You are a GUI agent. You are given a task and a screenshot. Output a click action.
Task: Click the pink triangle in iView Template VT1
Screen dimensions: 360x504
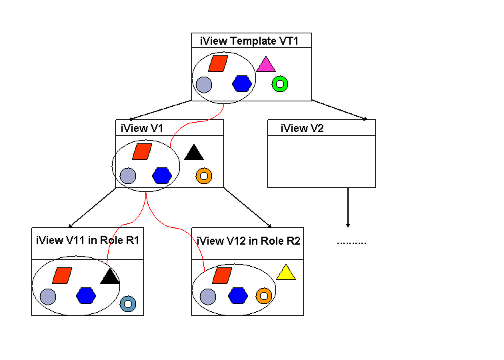pyautogui.click(x=265, y=65)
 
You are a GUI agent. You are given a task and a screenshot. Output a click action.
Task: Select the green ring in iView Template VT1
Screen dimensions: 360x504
pyautogui.click(x=280, y=84)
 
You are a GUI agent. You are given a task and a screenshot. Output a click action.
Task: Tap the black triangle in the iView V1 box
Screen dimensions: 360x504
pyautogui.click(x=194, y=153)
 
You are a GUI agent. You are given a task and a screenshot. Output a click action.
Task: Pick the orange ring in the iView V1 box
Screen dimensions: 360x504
pyautogui.click(x=204, y=176)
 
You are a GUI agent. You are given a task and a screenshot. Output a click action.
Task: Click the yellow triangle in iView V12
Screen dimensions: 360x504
pyautogui.click(x=286, y=273)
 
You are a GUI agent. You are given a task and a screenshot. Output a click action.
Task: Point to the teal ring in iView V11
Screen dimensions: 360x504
pyautogui.click(x=128, y=304)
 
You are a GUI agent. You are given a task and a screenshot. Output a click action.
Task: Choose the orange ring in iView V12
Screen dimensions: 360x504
pyautogui.click(x=263, y=295)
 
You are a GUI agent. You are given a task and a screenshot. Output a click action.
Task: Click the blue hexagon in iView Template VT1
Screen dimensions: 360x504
pyautogui.click(x=242, y=83)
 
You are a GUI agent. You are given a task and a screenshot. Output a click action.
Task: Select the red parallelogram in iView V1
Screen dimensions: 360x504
pyautogui.click(x=142, y=152)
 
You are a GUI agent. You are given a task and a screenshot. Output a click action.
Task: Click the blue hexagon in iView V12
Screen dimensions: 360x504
pyautogui.click(x=238, y=295)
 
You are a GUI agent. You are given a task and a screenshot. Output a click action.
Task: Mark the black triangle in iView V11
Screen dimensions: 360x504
pyautogui.click(x=109, y=275)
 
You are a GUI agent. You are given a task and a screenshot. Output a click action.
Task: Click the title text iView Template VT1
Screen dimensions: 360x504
pyautogui.click(x=249, y=41)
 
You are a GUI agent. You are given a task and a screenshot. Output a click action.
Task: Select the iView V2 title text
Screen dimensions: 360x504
pyautogui.click(x=302, y=128)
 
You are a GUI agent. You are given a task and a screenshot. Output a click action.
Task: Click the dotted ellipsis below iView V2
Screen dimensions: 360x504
pyautogui.click(x=351, y=242)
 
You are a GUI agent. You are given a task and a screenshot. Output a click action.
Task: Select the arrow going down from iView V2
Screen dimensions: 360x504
pyautogui.click(x=348, y=207)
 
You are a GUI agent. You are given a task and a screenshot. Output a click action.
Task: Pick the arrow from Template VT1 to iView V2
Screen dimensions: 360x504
pyautogui.click(x=340, y=111)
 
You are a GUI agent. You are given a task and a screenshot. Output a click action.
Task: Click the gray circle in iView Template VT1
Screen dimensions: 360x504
pyautogui.click(x=203, y=85)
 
